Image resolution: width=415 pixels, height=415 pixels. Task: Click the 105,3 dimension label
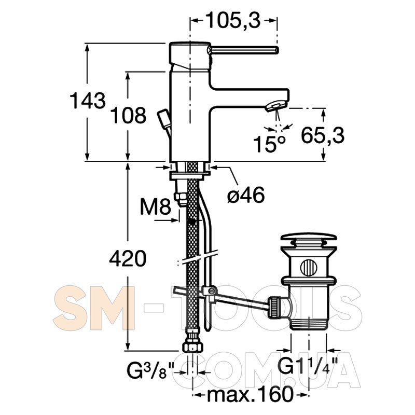coord(233,21)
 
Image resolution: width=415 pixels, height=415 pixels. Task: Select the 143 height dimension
coord(88,100)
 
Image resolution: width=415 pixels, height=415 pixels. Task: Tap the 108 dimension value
coord(128,115)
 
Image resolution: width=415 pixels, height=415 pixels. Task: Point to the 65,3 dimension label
coord(323,135)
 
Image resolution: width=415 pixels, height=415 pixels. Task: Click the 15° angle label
coord(270,144)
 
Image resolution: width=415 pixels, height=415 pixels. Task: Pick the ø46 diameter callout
coord(246,195)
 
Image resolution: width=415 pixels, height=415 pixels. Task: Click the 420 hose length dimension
coord(128,258)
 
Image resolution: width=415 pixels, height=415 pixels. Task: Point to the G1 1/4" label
coord(308,366)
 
